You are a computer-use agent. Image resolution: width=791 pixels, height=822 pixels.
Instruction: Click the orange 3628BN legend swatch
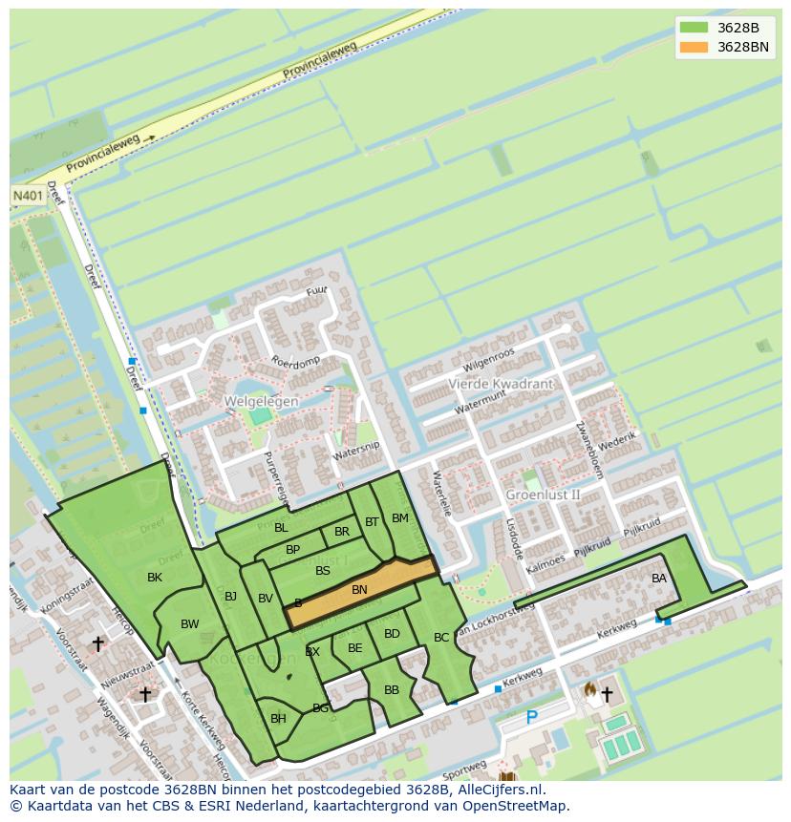[695, 47]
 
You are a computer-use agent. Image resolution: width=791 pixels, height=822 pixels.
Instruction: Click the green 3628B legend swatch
[695, 28]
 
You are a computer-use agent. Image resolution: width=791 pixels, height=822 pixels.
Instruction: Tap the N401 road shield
[28, 195]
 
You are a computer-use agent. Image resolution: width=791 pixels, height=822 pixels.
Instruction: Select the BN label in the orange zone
[359, 590]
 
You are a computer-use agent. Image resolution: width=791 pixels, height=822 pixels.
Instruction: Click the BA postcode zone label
[659, 579]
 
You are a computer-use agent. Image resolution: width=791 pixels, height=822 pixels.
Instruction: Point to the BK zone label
[155, 578]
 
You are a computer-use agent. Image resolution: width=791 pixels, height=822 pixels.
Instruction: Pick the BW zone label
[190, 624]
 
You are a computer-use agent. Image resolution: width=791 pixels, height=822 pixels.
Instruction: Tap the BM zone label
[400, 518]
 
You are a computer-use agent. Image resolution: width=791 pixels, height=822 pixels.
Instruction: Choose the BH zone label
[278, 719]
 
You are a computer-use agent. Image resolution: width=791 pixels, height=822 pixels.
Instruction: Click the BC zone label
[441, 637]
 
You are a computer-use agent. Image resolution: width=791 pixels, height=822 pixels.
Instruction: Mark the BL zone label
[281, 528]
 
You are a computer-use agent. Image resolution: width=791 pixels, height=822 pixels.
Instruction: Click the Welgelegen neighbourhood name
[261, 402]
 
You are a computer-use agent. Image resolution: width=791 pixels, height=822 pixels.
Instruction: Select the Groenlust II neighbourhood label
[543, 495]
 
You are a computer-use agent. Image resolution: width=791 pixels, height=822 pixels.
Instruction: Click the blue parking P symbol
[532, 717]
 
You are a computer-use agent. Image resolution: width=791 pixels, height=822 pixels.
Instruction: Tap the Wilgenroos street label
[488, 360]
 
